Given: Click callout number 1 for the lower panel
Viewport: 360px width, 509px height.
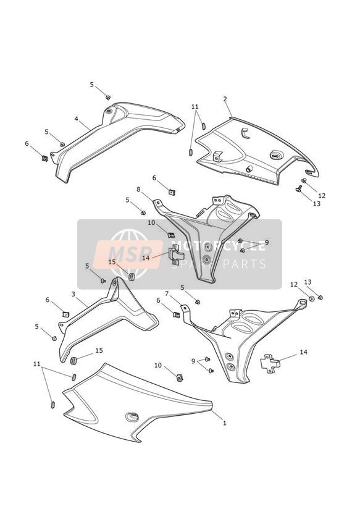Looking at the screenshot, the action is tap(224, 423).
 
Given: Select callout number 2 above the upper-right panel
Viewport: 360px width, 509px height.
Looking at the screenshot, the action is tap(225, 99).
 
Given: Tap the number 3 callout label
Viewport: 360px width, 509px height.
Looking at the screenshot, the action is tap(73, 294).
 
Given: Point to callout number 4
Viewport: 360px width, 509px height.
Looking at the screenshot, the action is tap(77, 119).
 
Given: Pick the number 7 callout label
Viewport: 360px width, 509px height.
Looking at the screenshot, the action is tap(167, 293).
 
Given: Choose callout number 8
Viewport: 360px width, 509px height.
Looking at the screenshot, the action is tap(138, 189).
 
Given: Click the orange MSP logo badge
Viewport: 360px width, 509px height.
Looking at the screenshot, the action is tap(128, 254).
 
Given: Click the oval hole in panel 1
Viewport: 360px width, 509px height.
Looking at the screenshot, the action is tap(132, 416).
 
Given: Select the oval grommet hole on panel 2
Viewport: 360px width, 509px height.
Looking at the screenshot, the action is tap(276, 155).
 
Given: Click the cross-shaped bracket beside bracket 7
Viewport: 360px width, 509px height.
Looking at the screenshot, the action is tap(269, 363).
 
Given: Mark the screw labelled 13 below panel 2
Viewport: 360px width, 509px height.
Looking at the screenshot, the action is tap(299, 188).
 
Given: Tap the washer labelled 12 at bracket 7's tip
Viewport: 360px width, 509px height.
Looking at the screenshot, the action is tap(311, 298).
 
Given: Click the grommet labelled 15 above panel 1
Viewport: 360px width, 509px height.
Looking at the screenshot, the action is tap(73, 361).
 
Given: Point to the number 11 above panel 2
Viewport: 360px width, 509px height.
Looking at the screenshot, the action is tap(195, 106).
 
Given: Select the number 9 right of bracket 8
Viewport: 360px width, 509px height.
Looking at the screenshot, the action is tap(267, 242).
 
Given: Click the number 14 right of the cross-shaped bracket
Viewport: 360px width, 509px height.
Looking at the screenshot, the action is tap(303, 352).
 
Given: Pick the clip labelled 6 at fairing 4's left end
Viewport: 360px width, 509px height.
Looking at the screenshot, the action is tap(45, 158).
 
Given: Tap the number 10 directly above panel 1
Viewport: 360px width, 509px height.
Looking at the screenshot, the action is tap(157, 365).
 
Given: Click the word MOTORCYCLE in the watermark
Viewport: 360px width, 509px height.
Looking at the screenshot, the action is tap(218, 246).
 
